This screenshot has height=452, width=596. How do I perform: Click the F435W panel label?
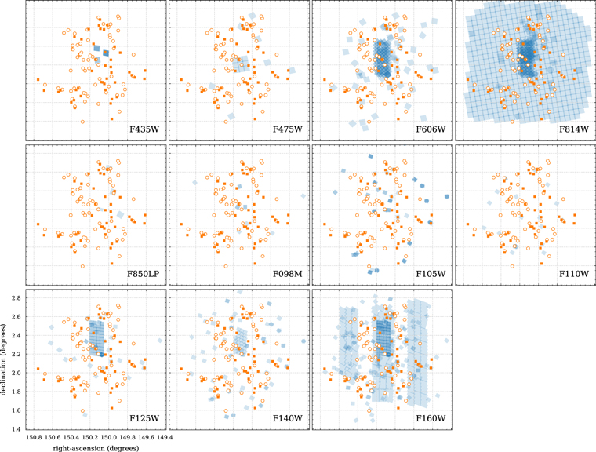tap(146, 129)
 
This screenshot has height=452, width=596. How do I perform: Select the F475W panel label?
tap(289, 129)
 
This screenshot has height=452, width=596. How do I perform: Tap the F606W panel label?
tap(432, 129)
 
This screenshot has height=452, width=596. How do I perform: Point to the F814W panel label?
tap(576, 129)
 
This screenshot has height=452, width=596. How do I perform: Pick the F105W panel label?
tap(432, 273)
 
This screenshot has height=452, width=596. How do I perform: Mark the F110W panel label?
tap(576, 273)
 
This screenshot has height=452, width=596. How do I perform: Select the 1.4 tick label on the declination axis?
tap(15, 429)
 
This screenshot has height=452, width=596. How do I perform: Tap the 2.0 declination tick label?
tap(15, 373)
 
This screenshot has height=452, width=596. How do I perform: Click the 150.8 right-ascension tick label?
tap(35, 437)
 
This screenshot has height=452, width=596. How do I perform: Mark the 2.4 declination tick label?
tap(15, 336)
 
